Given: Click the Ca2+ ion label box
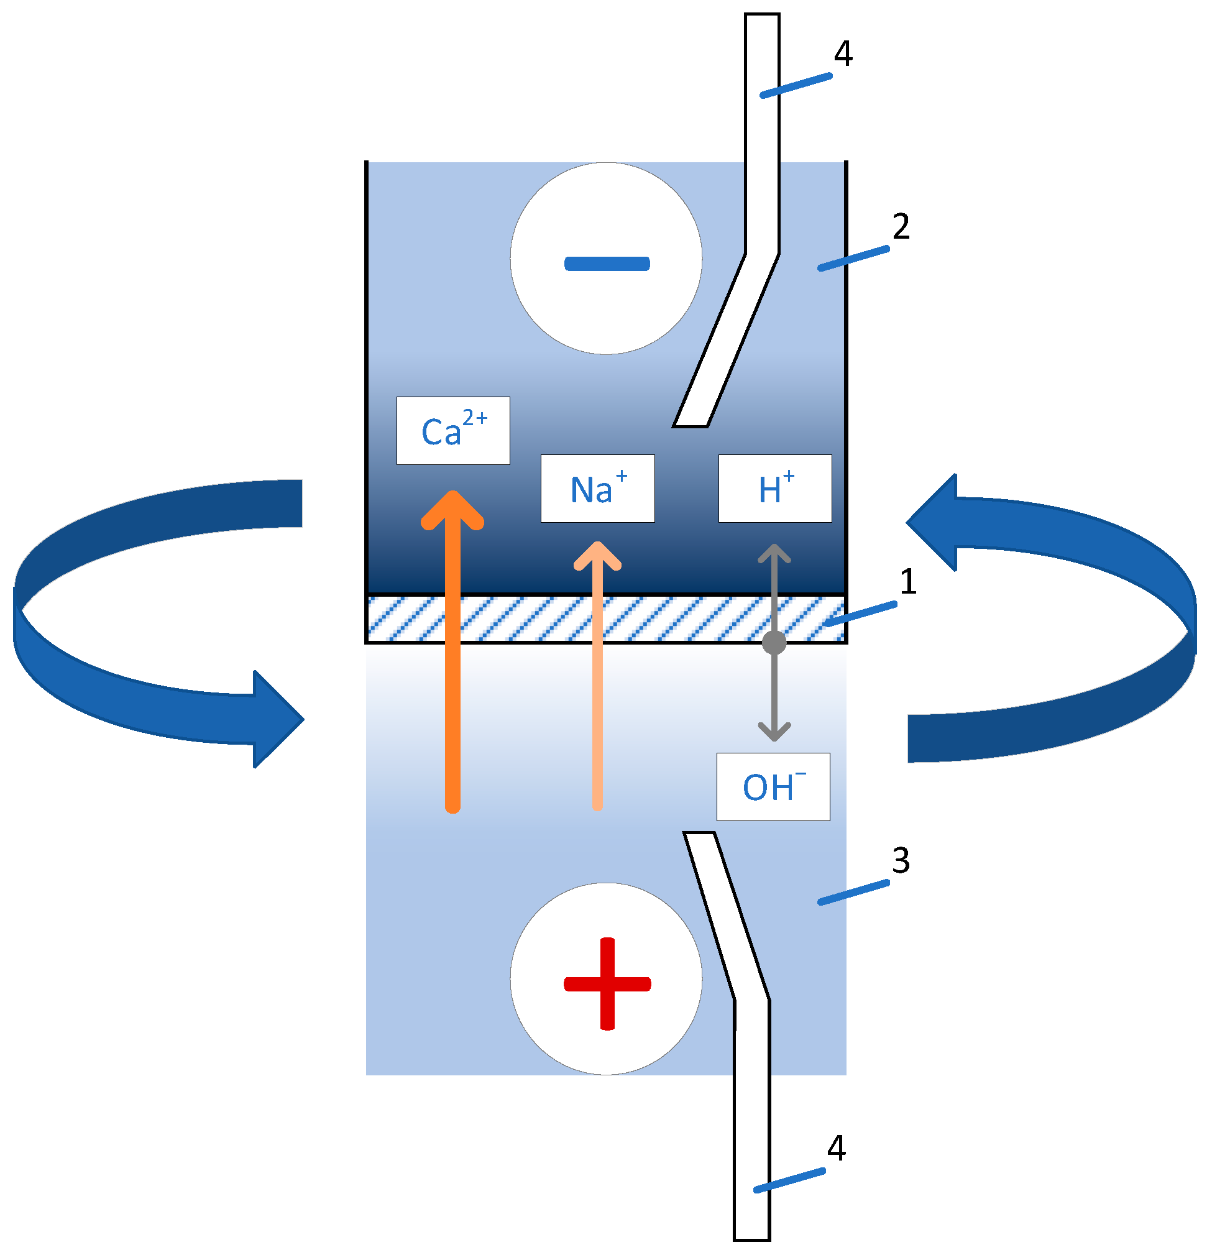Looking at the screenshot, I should [x=452, y=430].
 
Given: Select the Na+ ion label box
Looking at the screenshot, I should [x=597, y=489].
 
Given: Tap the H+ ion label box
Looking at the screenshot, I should [x=775, y=489].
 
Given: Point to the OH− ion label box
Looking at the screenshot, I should [x=773, y=786].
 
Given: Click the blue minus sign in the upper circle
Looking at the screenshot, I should [x=607, y=263].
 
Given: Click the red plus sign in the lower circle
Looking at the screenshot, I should [x=607, y=983].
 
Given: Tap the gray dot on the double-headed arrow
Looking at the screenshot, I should [x=774, y=642].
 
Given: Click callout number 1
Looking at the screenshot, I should [x=908, y=581].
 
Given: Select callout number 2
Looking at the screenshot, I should [x=901, y=226].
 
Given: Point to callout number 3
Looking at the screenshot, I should [x=901, y=860].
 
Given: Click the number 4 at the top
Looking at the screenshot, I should [x=843, y=54].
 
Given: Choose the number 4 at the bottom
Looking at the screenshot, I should [x=836, y=1148].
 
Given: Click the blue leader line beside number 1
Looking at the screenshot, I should [x=861, y=614].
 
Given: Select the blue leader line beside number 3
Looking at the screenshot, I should [x=853, y=892].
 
